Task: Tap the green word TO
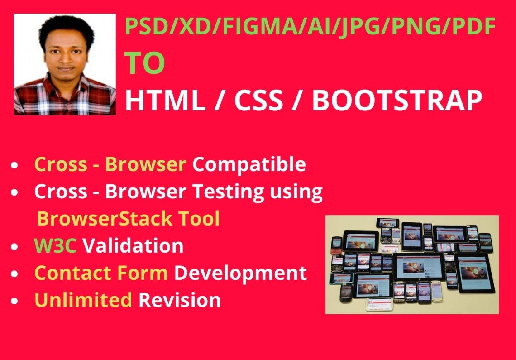[144, 63]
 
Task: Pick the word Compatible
[249, 164]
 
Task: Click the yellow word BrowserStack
[104, 218]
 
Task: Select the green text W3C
[55, 246]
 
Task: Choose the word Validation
[133, 246]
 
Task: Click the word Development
[240, 274]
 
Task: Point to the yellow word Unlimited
[83, 300]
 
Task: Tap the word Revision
[180, 300]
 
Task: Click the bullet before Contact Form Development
[14, 274]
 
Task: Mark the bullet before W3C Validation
[14, 247]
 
